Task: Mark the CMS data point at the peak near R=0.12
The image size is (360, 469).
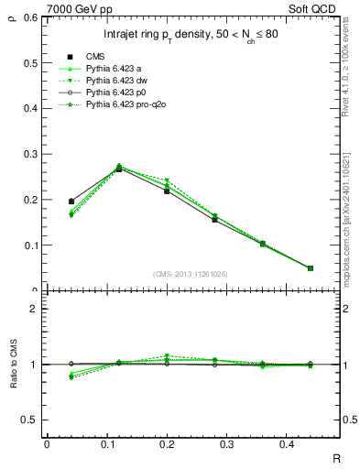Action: click(119, 169)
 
